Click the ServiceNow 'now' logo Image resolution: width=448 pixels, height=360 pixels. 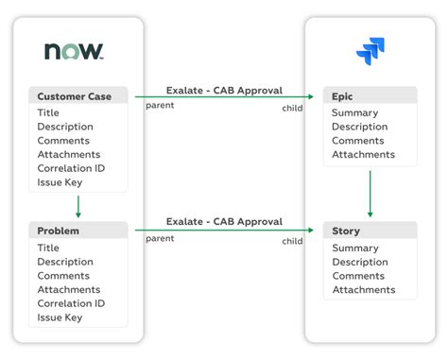(x=74, y=51)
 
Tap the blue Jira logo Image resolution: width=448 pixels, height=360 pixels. (x=370, y=51)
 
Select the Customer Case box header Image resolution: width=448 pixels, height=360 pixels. (x=78, y=95)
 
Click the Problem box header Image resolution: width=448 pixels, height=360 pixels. (x=78, y=231)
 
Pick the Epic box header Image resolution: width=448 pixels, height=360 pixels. (x=370, y=95)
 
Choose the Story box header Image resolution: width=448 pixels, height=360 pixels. (x=370, y=231)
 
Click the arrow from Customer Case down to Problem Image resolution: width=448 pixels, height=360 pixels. (x=78, y=207)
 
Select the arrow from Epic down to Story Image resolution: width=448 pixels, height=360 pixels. (x=370, y=194)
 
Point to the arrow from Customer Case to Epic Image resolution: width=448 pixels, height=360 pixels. (x=224, y=96)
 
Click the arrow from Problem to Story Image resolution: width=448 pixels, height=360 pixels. (x=224, y=230)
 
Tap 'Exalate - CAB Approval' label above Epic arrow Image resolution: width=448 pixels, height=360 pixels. (x=224, y=91)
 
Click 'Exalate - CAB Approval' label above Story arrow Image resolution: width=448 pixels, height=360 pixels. (x=224, y=221)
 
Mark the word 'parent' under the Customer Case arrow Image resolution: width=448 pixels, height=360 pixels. (x=160, y=106)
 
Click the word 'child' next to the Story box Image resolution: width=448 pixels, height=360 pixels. (x=292, y=241)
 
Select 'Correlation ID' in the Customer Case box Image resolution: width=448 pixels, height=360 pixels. (x=71, y=168)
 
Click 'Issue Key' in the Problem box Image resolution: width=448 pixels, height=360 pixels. (x=60, y=317)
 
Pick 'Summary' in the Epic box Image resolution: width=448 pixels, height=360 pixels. (x=355, y=112)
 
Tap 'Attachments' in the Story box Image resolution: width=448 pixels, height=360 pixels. (x=364, y=290)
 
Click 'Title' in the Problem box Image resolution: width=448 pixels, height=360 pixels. (x=48, y=248)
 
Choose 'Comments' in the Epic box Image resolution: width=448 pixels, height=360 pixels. (x=358, y=141)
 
